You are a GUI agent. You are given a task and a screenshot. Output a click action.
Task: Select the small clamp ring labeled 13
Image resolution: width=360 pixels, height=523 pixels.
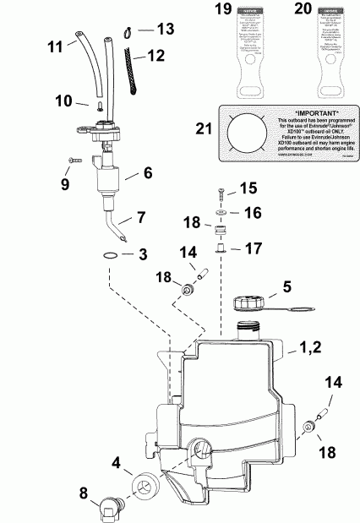coord(123,32)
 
